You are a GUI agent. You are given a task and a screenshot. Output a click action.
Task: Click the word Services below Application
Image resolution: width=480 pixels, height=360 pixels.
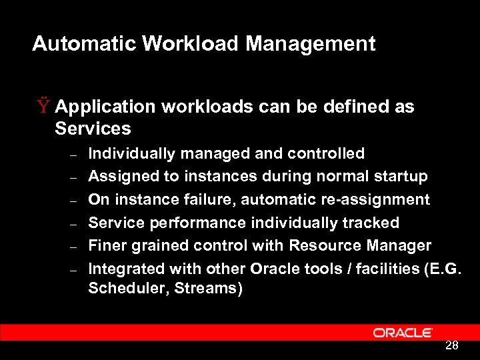[93, 128]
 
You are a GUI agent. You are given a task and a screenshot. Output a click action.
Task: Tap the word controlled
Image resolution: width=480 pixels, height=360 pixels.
[326, 154]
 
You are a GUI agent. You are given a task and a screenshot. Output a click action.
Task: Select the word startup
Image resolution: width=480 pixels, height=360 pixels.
[402, 177]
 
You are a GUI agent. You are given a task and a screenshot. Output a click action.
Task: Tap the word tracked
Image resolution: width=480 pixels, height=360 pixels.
[370, 223]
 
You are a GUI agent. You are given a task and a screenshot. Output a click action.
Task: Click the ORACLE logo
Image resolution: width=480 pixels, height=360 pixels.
[403, 332]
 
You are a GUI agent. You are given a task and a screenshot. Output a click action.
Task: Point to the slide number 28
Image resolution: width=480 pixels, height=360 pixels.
[451, 345]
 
